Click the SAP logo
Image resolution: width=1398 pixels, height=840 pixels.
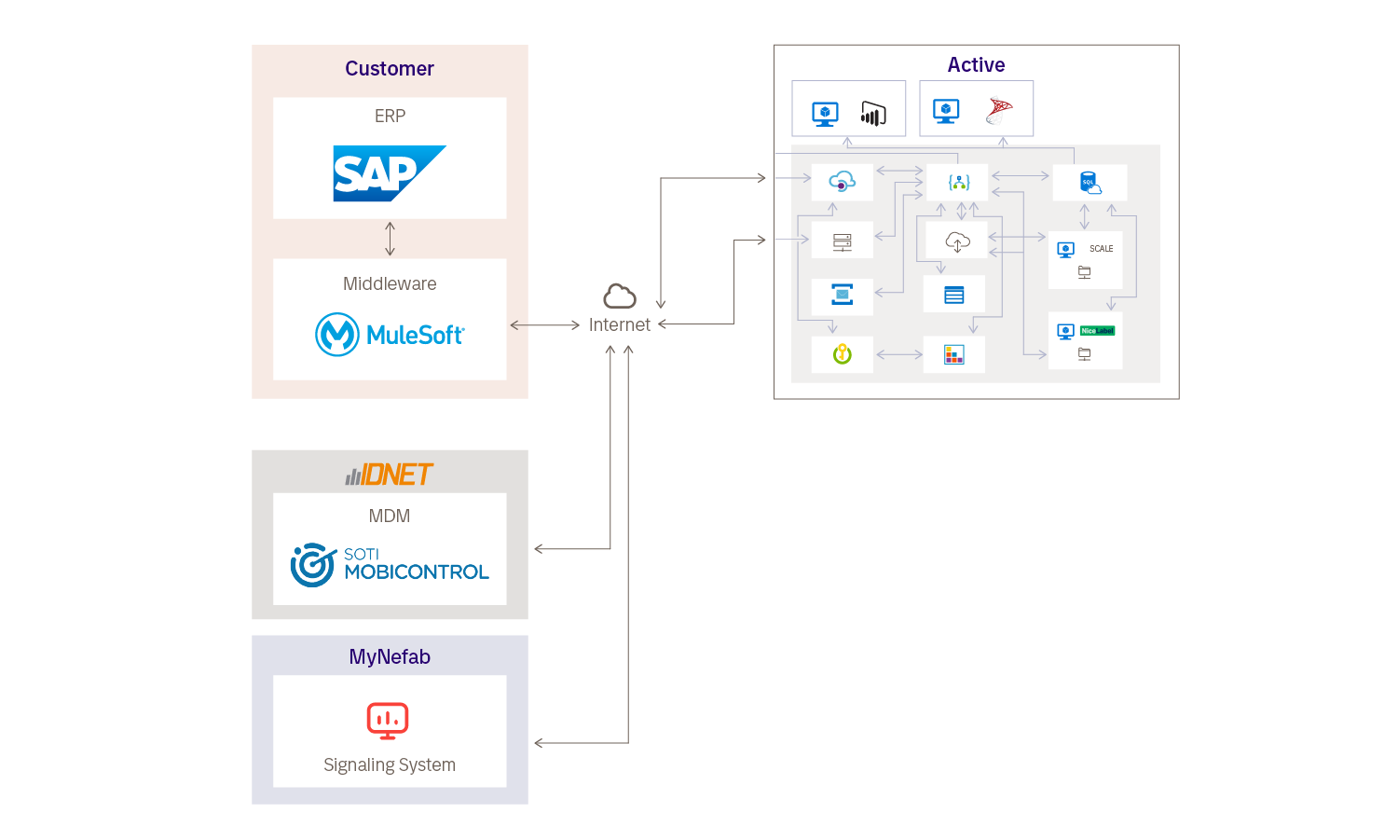click(389, 173)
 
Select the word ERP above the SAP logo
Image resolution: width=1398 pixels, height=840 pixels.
click(390, 117)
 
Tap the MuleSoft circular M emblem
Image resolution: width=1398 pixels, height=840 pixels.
click(337, 335)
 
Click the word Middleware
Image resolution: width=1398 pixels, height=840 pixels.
click(390, 284)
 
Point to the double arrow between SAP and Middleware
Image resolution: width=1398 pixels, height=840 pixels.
click(390, 239)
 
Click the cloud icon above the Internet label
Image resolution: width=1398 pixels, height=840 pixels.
click(620, 296)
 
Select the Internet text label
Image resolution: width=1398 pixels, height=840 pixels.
click(620, 325)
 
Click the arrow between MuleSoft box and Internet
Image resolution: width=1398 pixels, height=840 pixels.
click(545, 325)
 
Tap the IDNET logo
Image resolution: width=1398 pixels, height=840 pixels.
click(390, 475)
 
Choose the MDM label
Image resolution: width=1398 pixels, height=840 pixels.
click(390, 516)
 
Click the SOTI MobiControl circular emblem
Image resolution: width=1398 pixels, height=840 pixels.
click(313, 565)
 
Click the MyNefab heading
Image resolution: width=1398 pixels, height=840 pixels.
click(390, 657)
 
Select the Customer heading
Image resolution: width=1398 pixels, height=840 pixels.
click(390, 69)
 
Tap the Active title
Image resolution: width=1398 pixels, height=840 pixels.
click(976, 65)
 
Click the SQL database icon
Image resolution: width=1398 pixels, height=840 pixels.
click(1090, 183)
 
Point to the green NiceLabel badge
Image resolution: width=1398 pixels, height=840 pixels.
click(1097, 331)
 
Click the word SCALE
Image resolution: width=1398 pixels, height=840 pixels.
click(1102, 249)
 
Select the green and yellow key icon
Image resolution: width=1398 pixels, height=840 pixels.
click(843, 354)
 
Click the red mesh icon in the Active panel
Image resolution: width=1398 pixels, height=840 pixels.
click(1000, 112)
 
